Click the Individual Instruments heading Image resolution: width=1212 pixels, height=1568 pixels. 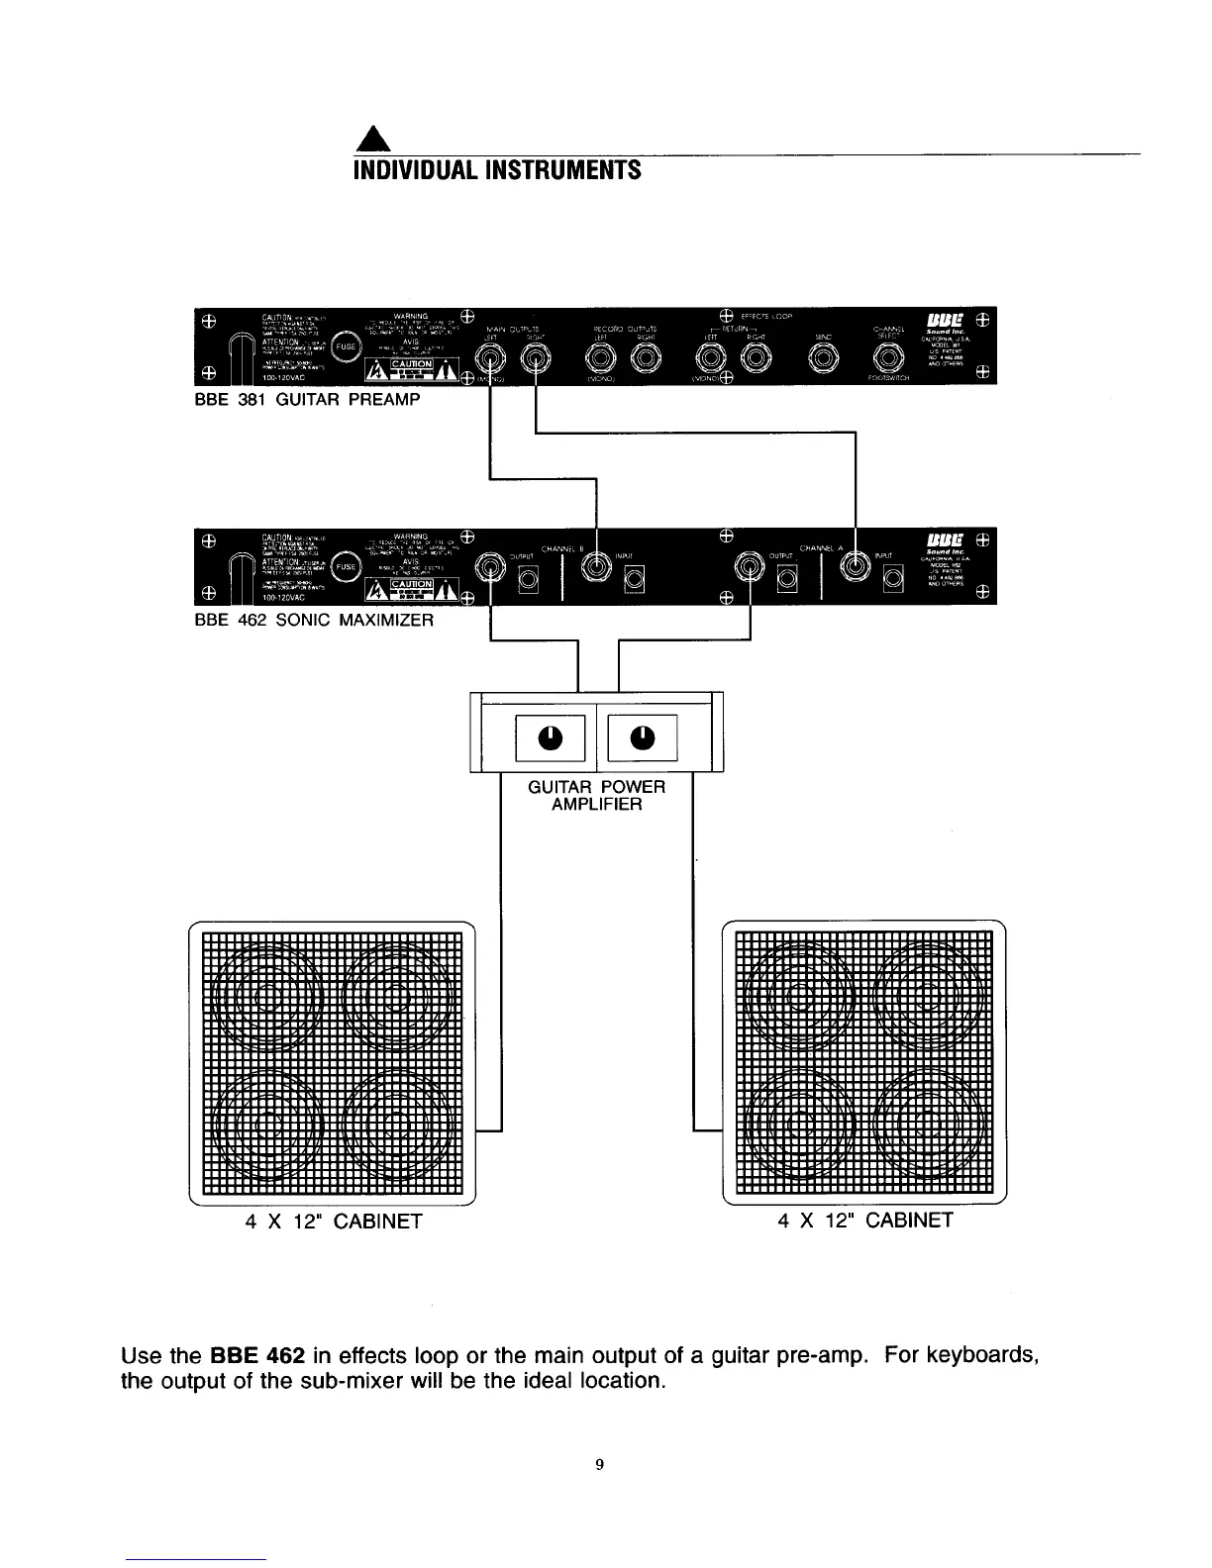coord(497,170)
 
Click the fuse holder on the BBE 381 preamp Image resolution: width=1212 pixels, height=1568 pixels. coord(346,347)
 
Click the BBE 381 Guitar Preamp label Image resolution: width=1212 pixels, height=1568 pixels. coord(308,400)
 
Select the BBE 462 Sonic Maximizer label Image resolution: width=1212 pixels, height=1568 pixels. coord(315,621)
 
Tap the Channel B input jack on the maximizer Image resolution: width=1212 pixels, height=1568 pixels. coord(596,567)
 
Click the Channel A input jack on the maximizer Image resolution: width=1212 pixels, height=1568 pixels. coord(855,567)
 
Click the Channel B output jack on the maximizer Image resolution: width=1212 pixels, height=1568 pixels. coord(492,567)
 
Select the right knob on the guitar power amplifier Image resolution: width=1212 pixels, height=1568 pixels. coord(642,737)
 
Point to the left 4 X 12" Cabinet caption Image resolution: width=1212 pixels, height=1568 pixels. coord(334,1221)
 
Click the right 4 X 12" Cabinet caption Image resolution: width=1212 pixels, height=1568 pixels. coord(865,1220)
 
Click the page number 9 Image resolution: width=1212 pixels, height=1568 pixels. coord(600,1464)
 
